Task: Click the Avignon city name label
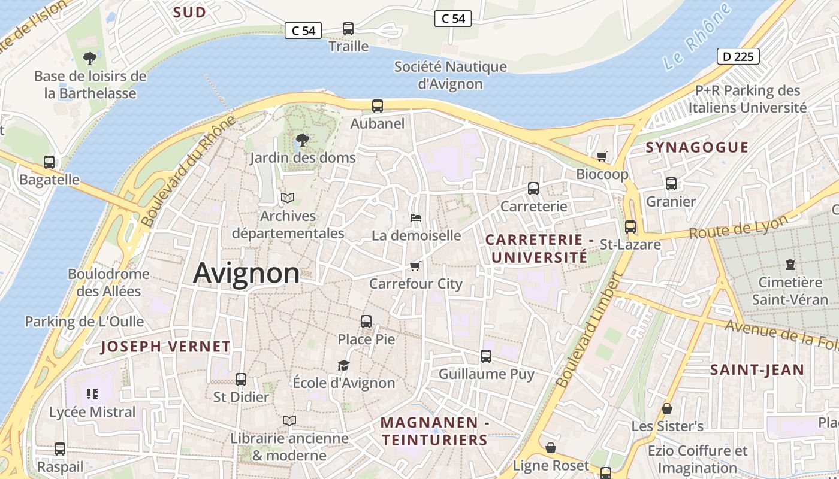point(246,273)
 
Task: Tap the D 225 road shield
point(738,57)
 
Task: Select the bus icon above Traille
point(348,29)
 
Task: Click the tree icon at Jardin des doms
point(303,140)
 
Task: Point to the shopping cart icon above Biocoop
point(602,156)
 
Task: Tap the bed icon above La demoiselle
point(416,217)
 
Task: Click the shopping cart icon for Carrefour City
point(415,265)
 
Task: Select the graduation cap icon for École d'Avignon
point(343,365)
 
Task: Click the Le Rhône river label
point(698,36)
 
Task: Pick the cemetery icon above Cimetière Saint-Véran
point(790,264)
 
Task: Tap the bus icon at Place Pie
point(366,322)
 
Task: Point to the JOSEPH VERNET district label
point(165,347)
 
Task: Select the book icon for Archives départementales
point(288,198)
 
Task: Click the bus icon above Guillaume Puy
point(486,356)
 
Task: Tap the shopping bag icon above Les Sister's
point(667,408)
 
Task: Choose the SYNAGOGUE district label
point(697,147)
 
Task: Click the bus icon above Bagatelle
point(49,162)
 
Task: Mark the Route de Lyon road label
point(738,228)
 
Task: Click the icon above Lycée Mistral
point(92,394)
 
